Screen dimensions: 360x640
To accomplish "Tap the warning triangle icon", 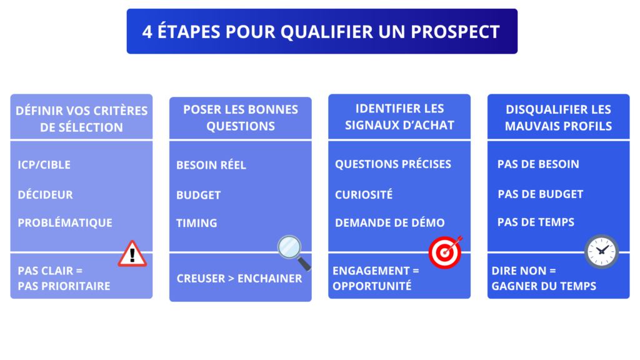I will tap(132, 254).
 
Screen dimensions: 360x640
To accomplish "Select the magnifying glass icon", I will tap(292, 251).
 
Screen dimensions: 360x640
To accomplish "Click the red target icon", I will tap(444, 251).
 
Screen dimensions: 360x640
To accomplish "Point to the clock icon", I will tap(601, 251).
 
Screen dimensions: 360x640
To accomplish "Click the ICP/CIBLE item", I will tap(44, 165).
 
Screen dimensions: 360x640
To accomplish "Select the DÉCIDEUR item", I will tap(45, 194).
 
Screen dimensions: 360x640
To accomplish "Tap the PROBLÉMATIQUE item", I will tap(65, 222).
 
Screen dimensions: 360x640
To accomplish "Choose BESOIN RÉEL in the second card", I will tap(211, 165).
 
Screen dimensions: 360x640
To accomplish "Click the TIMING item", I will tap(196, 222).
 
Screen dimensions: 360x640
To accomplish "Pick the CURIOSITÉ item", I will tap(364, 194).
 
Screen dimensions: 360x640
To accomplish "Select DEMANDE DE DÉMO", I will tap(390, 222).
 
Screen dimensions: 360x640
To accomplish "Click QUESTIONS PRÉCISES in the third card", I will tap(393, 164).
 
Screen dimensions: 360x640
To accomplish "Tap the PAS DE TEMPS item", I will tap(536, 222).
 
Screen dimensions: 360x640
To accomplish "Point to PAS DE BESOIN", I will tap(538, 164).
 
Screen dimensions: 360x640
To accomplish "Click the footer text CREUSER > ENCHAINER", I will tap(239, 278).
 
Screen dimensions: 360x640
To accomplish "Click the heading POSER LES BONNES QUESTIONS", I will tap(241, 117).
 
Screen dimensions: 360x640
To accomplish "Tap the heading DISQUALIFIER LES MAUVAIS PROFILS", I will tap(558, 117).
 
